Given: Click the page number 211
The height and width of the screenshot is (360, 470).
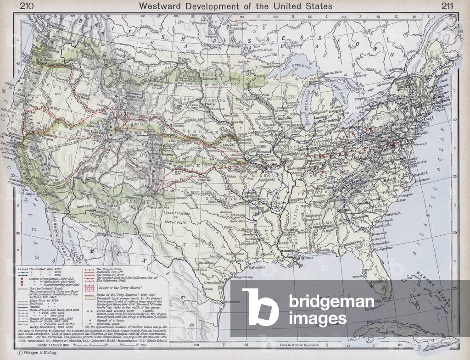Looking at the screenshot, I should tap(448, 6).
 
